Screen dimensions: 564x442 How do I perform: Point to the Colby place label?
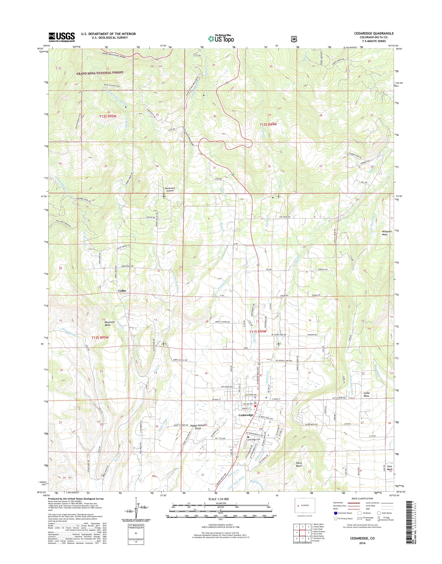pos(122,291)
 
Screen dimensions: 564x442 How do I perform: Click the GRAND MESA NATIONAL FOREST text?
pos(100,73)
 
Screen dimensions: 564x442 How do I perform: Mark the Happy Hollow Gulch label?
pos(196,434)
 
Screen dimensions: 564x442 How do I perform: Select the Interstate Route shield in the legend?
pos(336,520)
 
